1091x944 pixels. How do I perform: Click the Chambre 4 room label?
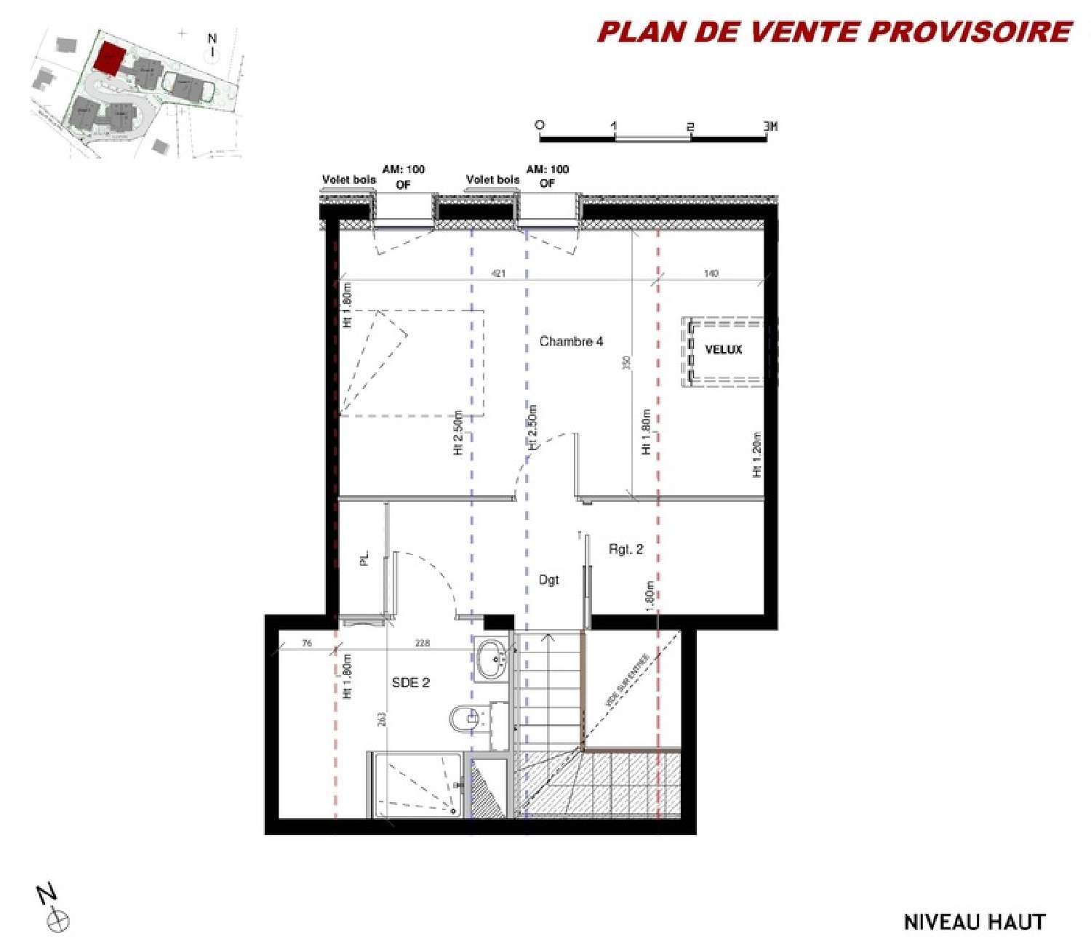pyautogui.click(x=571, y=341)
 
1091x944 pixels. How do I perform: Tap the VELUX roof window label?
pyautogui.click(x=723, y=350)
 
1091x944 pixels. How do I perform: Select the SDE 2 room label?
pyautogui.click(x=410, y=683)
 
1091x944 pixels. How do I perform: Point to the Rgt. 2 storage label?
pyautogui.click(x=626, y=550)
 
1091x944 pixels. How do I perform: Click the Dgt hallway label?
pyautogui.click(x=549, y=580)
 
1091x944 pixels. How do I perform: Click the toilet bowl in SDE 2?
pyautogui.click(x=463, y=719)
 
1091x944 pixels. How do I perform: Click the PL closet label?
pyautogui.click(x=364, y=558)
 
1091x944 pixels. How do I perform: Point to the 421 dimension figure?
pyautogui.click(x=498, y=273)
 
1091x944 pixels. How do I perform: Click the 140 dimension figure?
pyautogui.click(x=711, y=273)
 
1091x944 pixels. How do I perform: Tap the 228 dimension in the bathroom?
pyautogui.click(x=422, y=643)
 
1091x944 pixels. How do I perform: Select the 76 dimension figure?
pyautogui.click(x=307, y=643)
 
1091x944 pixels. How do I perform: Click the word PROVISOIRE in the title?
pyautogui.click(x=970, y=32)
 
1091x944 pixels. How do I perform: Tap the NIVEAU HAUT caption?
pyautogui.click(x=974, y=922)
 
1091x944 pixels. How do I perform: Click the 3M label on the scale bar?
pyautogui.click(x=770, y=127)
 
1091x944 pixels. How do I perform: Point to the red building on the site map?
pyautogui.click(x=110, y=57)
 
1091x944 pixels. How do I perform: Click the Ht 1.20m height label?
pyautogui.click(x=756, y=455)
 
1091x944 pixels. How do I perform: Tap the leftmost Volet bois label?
pyautogui.click(x=349, y=180)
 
